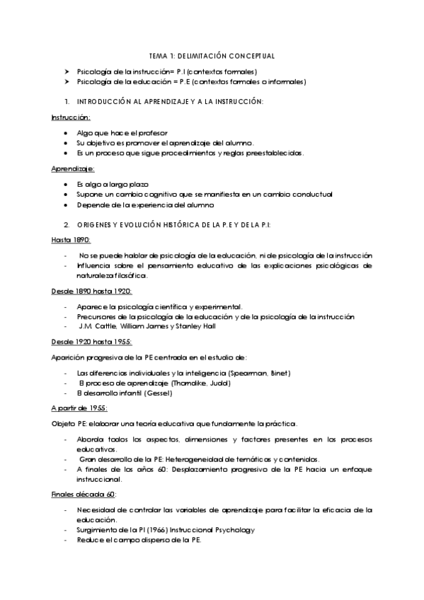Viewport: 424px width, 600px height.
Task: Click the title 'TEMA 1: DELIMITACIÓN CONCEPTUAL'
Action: (x=212, y=55)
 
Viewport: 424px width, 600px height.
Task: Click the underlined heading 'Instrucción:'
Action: (x=71, y=117)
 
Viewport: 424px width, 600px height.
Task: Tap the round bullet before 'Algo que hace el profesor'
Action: (x=66, y=133)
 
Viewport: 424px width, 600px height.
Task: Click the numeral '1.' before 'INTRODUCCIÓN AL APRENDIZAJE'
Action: (x=66, y=102)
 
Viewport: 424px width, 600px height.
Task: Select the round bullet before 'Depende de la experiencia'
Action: (x=66, y=204)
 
